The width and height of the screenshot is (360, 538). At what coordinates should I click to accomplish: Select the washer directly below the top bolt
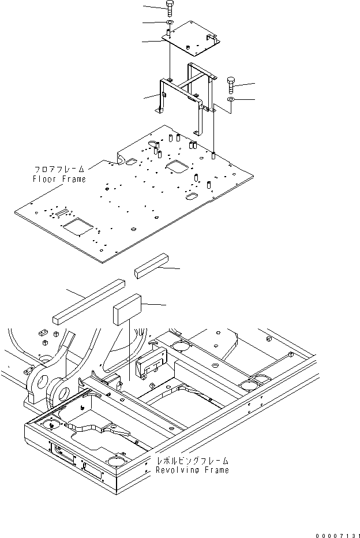tap(170, 23)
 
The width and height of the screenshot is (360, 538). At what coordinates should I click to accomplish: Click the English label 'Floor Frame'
tap(59, 179)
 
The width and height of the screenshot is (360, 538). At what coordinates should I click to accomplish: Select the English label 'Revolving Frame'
tap(192, 470)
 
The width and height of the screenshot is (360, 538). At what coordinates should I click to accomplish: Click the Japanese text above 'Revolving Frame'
tap(192, 461)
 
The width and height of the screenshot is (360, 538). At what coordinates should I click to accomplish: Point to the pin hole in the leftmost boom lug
tap(38, 382)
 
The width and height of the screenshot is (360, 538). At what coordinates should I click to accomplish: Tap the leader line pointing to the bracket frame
tap(151, 96)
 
